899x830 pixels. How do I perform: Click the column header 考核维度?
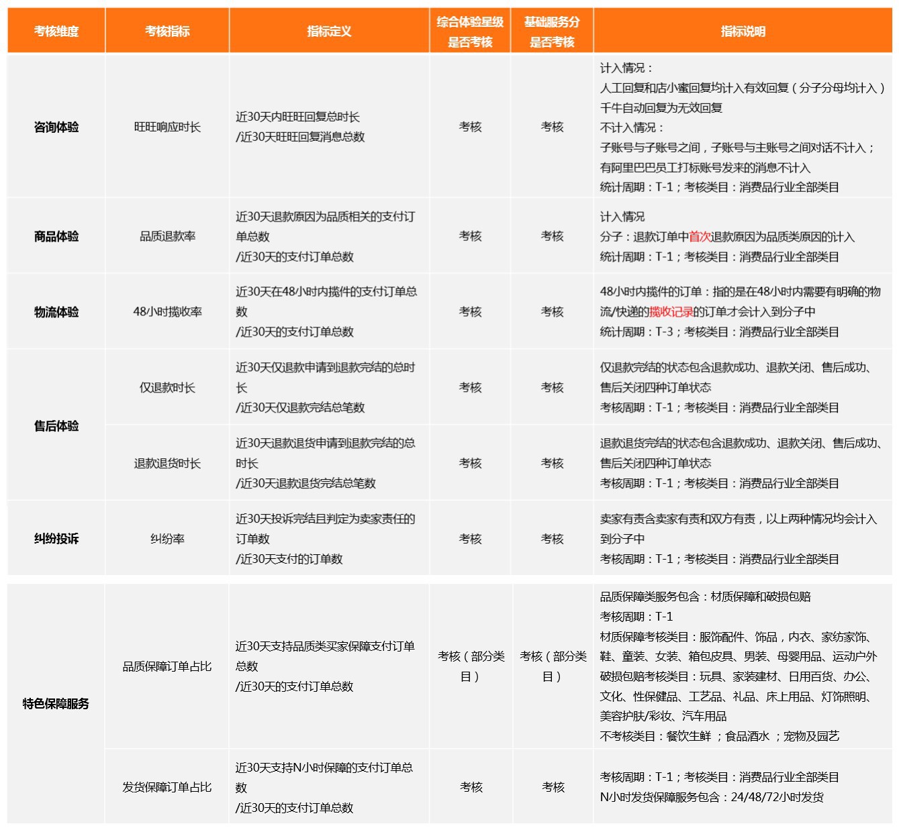tap(56, 31)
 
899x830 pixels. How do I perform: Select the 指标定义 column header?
tap(329, 31)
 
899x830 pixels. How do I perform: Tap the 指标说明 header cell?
tap(743, 31)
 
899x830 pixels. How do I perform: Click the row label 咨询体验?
tap(56, 127)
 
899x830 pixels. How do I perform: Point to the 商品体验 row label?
tap(56, 236)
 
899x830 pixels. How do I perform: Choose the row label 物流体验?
tap(56, 312)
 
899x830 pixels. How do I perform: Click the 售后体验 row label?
tap(56, 426)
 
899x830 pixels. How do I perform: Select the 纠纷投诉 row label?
tap(56, 539)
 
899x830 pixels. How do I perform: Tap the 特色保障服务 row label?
tap(56, 703)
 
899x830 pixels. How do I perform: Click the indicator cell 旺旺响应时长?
tap(167, 127)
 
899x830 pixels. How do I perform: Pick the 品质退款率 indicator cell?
tap(167, 236)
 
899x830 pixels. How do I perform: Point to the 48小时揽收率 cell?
tap(167, 312)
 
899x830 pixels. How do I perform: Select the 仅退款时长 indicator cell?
tap(167, 388)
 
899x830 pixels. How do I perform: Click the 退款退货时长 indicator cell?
tap(167, 464)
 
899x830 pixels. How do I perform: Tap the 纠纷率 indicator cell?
tap(167, 539)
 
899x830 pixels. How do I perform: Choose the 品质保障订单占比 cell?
tap(167, 666)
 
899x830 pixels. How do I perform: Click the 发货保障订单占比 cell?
tap(167, 787)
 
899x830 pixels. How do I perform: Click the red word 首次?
tap(700, 237)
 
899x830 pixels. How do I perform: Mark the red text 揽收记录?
tap(671, 312)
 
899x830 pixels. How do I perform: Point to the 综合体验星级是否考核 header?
tap(470, 32)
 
